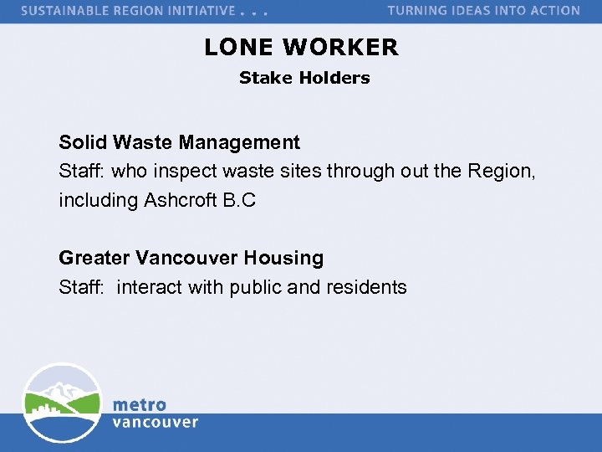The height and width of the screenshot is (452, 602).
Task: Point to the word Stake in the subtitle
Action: pyautogui.click(x=262, y=78)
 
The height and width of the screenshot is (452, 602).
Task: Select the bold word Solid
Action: pyautogui.click(x=82, y=143)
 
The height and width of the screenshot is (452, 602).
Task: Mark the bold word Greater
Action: pyautogui.click(x=94, y=259)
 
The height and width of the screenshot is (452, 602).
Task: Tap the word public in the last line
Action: pyautogui.click(x=255, y=287)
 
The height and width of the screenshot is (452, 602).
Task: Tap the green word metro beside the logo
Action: pyautogui.click(x=140, y=404)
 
